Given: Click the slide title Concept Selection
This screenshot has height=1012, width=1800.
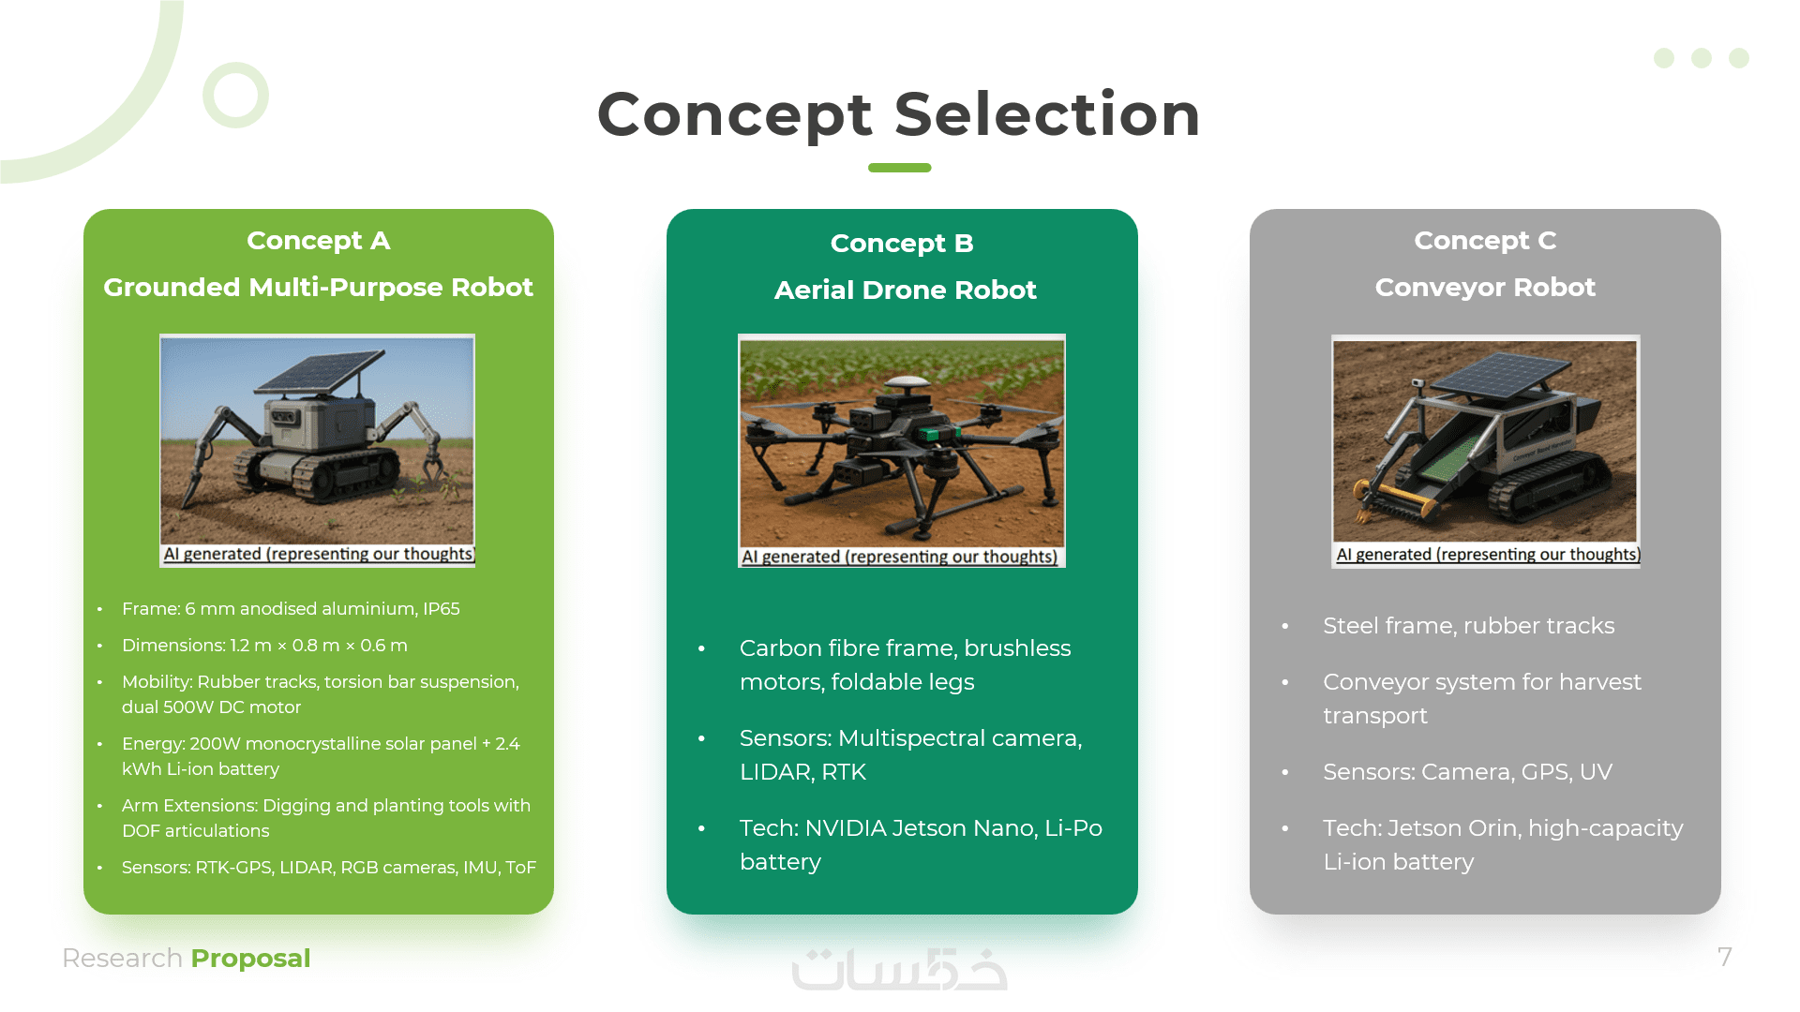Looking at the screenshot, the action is pos(899,114).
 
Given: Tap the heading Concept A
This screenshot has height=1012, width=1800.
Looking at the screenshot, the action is pos(319,241).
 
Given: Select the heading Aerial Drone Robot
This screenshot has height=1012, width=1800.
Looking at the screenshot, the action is pos(905,290).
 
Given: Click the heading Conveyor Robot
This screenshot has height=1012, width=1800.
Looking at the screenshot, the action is pos(1485,287).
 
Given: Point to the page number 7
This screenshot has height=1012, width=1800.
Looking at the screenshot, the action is pos(1725,957).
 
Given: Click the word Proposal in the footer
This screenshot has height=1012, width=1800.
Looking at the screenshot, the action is pos(250,958).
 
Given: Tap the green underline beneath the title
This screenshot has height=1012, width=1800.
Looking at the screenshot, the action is pos(899,168).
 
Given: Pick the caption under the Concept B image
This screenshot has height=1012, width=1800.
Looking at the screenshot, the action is pos(900,557).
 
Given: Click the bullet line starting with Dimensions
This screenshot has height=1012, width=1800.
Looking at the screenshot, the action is pos(264,646).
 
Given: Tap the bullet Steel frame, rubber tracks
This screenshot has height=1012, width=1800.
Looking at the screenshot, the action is pos(1468,626).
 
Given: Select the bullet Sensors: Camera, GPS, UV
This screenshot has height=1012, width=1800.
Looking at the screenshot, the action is pos(1467,772).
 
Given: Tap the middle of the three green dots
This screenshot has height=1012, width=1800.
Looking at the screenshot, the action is pos(1702,58).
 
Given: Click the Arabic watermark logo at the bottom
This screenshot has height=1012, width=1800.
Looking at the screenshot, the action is pos(899,969).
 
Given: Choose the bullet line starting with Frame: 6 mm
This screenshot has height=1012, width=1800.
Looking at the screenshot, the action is pos(291,609).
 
